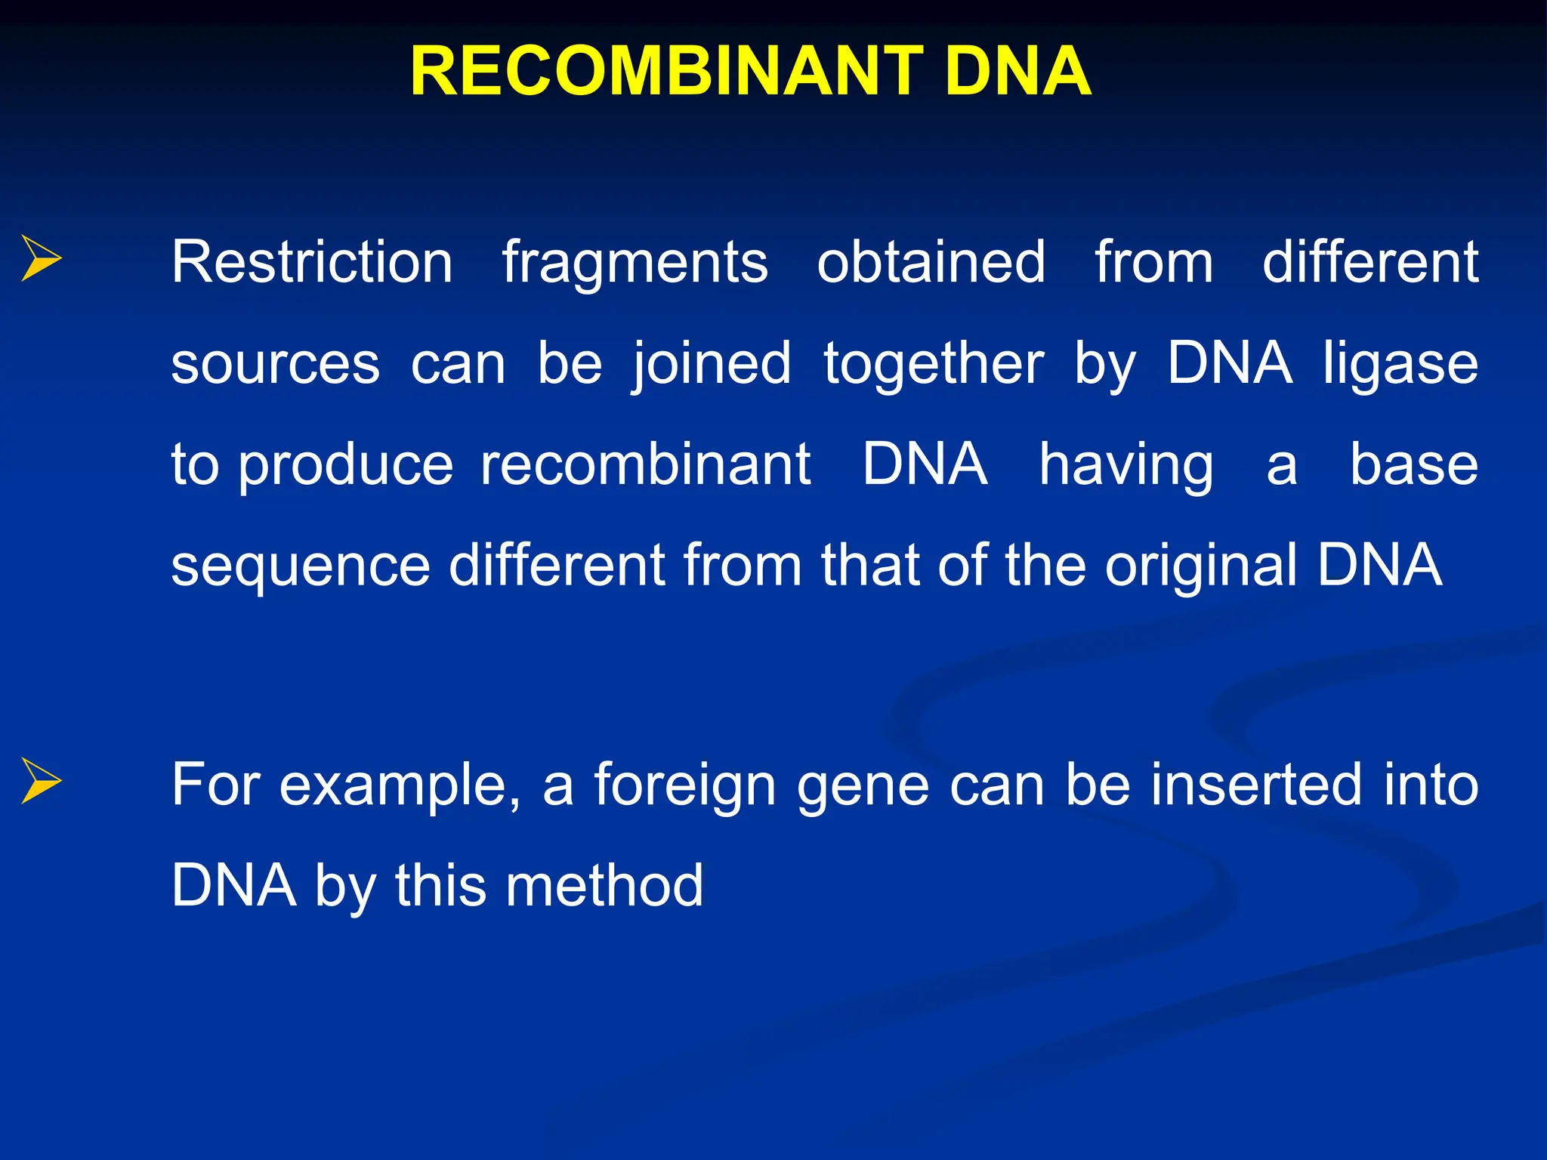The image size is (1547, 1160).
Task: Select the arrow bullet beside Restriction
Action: (41, 258)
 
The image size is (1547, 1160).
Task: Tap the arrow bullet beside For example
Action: (41, 781)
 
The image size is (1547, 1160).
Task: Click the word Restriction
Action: (311, 262)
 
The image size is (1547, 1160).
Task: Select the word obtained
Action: (931, 262)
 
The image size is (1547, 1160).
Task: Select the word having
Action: (1126, 467)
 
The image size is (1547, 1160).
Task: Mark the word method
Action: (604, 886)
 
